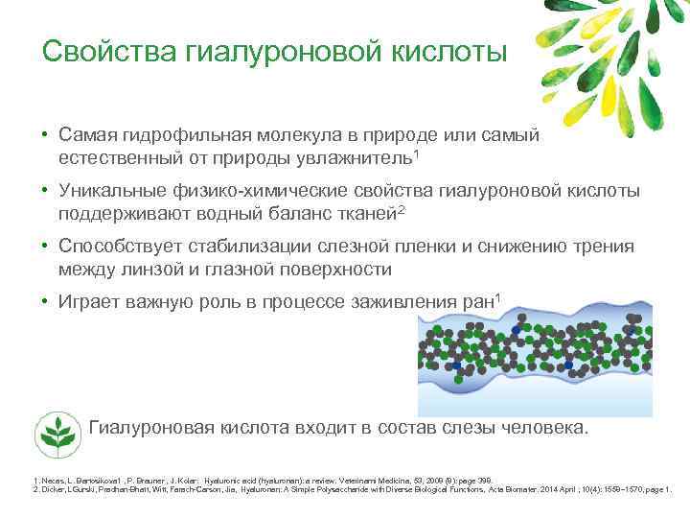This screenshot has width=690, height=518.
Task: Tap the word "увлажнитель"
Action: tap(356, 154)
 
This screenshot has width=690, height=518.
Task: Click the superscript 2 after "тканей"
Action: tap(401, 206)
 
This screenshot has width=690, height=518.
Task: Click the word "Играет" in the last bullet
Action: tap(87, 303)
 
